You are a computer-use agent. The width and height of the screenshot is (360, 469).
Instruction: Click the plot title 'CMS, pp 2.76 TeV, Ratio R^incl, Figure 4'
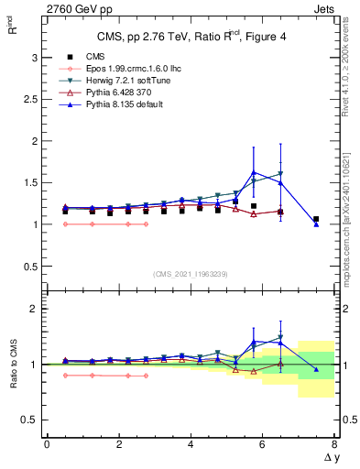(191, 37)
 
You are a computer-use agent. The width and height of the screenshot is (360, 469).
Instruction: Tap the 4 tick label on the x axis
(191, 444)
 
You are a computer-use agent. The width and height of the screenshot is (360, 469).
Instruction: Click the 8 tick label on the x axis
(334, 444)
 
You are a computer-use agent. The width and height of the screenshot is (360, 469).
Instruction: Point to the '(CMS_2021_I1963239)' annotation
(191, 274)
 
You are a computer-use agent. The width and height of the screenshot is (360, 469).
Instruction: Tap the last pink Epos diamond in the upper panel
(146, 224)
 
